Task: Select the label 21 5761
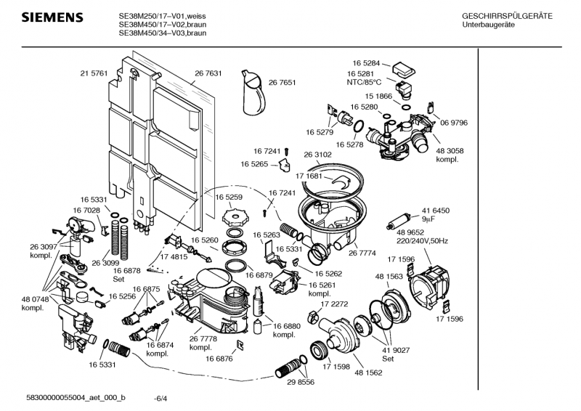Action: (94, 73)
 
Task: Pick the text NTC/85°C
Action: (364, 83)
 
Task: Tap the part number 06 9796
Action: (454, 123)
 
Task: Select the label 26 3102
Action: (317, 155)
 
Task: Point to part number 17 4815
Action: (174, 257)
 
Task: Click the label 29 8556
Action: (301, 382)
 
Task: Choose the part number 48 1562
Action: (368, 373)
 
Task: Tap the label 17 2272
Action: (334, 304)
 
